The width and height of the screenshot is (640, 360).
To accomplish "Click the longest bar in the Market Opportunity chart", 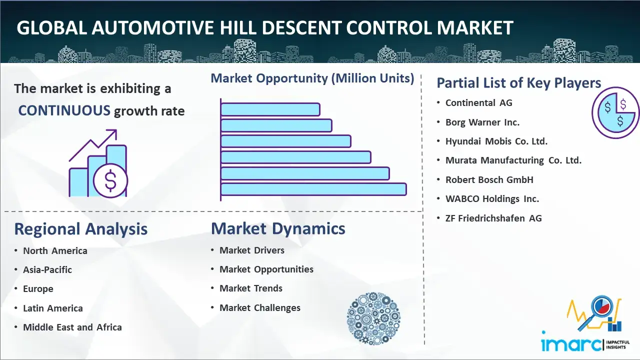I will (313, 189).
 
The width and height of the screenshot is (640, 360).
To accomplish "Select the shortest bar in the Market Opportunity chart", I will (270, 109).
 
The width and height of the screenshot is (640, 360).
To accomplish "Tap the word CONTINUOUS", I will (64, 110).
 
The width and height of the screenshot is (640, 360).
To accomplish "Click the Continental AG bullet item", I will (478, 103).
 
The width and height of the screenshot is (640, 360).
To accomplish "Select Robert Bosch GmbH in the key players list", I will (489, 179).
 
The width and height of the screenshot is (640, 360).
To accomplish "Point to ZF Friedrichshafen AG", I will (493, 218).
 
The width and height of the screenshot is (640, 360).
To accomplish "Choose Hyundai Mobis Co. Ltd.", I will (496, 141).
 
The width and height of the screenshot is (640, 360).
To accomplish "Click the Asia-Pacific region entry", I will (47, 269).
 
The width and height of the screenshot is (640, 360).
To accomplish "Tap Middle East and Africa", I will (72, 327).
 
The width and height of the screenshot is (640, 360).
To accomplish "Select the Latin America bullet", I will (52, 308).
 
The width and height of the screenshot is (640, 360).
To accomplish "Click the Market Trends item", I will (250, 288).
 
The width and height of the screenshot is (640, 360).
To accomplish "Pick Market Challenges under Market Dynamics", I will (259, 308).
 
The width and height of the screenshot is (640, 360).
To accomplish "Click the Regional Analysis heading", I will (80, 229).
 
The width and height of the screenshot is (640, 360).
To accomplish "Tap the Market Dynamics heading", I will (278, 228).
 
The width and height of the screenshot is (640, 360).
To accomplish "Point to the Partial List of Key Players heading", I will (518, 82).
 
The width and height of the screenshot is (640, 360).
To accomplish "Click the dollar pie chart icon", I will (615, 113).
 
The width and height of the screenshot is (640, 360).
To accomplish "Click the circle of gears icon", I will (373, 318).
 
